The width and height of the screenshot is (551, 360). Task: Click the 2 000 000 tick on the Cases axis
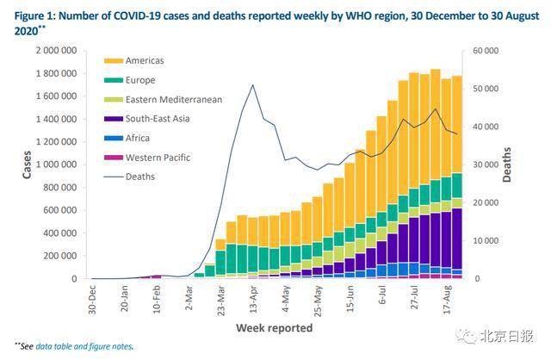61,51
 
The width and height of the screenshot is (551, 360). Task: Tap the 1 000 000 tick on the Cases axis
61,164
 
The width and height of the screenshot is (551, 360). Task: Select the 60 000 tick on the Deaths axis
482,51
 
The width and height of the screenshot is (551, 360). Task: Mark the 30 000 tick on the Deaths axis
482,164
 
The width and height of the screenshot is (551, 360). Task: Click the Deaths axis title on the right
509,164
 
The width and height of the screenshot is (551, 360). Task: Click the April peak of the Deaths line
252,85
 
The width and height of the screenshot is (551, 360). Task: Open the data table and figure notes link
96,347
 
